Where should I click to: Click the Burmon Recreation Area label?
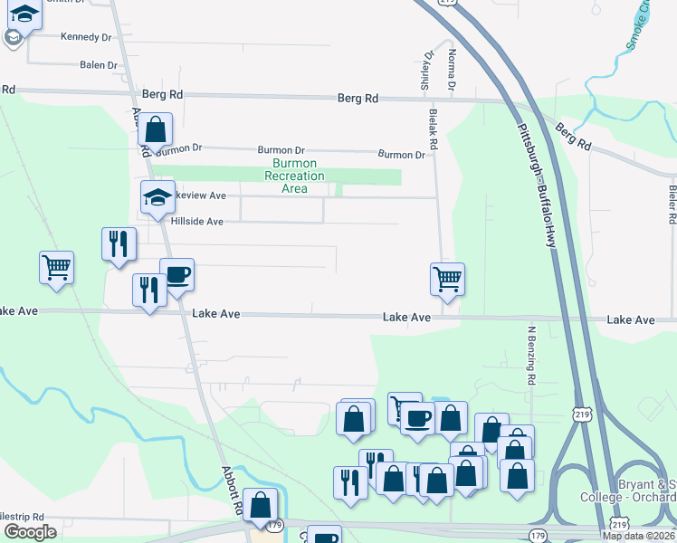tap(294, 176)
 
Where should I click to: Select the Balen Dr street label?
tap(99, 65)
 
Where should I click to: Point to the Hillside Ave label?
tap(196, 221)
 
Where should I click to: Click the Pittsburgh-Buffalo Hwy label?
tap(533, 180)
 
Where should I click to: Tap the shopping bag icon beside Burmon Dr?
tap(155, 129)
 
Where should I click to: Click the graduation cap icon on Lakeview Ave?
tap(157, 196)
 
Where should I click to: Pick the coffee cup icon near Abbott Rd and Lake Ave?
tap(176, 274)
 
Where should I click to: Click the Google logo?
tap(30, 532)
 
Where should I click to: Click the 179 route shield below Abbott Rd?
tap(275, 525)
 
